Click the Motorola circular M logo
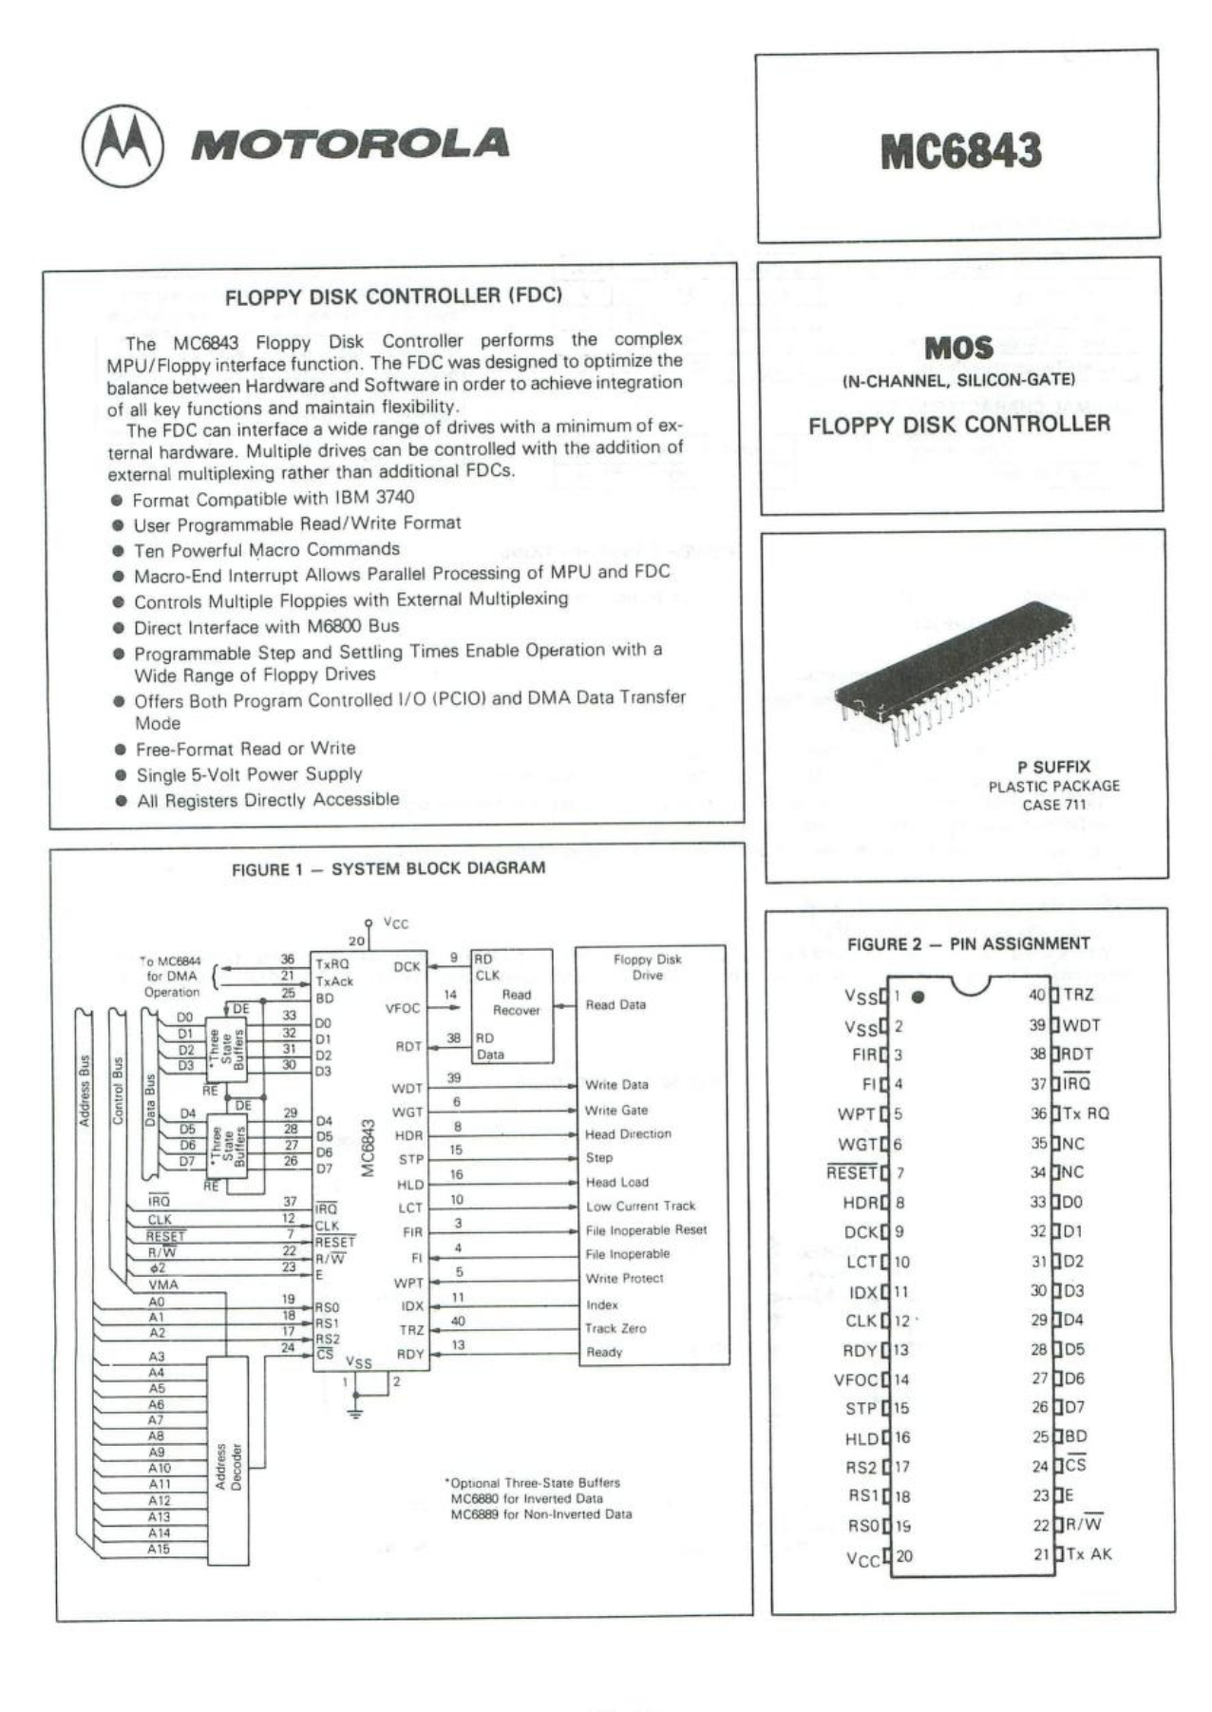click(x=123, y=145)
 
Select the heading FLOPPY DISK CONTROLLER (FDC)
click(x=393, y=295)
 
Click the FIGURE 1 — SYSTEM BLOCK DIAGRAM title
click(x=388, y=868)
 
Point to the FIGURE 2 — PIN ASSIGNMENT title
click(x=968, y=943)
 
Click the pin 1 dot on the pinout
click(x=918, y=998)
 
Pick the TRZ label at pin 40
click(x=1078, y=995)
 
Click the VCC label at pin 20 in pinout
click(x=862, y=1559)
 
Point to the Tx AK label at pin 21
click(x=1088, y=1554)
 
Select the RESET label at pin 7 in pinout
click(x=852, y=1172)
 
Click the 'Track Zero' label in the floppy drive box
click(x=615, y=1328)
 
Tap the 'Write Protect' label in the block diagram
click(x=624, y=1279)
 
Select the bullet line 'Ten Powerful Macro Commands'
click(x=266, y=549)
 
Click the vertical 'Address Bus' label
click(x=85, y=1091)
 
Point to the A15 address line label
click(x=158, y=1550)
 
